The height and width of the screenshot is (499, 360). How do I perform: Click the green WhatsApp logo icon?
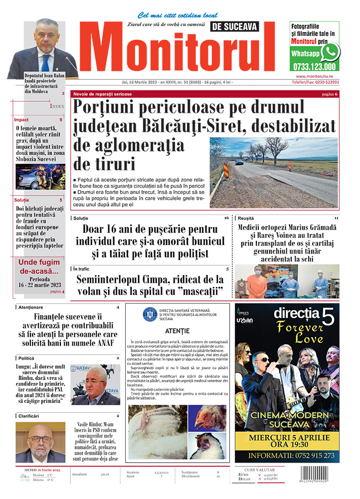click(330, 52)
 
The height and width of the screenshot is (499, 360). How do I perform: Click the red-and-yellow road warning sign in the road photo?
click(225, 171)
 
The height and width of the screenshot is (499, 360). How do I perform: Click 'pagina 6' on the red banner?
click(330, 94)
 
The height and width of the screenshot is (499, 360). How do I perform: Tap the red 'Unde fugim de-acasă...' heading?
click(39, 266)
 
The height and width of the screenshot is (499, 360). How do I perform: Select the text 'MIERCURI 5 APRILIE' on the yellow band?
click(289, 438)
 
